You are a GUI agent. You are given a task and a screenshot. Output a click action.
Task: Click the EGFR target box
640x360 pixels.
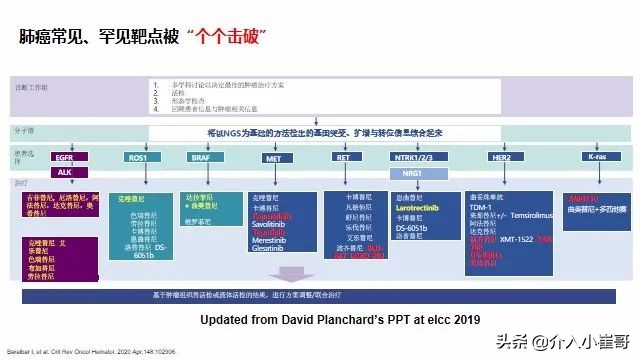click(x=63, y=157)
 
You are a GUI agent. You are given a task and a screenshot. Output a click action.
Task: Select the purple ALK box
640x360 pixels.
click(x=63, y=172)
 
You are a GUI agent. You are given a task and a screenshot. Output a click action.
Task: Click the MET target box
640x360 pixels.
click(x=272, y=157)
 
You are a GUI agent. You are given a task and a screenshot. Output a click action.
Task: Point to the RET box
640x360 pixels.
click(x=342, y=157)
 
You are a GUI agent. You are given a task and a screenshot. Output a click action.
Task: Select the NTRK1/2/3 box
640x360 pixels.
click(x=414, y=157)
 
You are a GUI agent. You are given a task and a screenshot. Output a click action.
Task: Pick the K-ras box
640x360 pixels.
click(x=597, y=157)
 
